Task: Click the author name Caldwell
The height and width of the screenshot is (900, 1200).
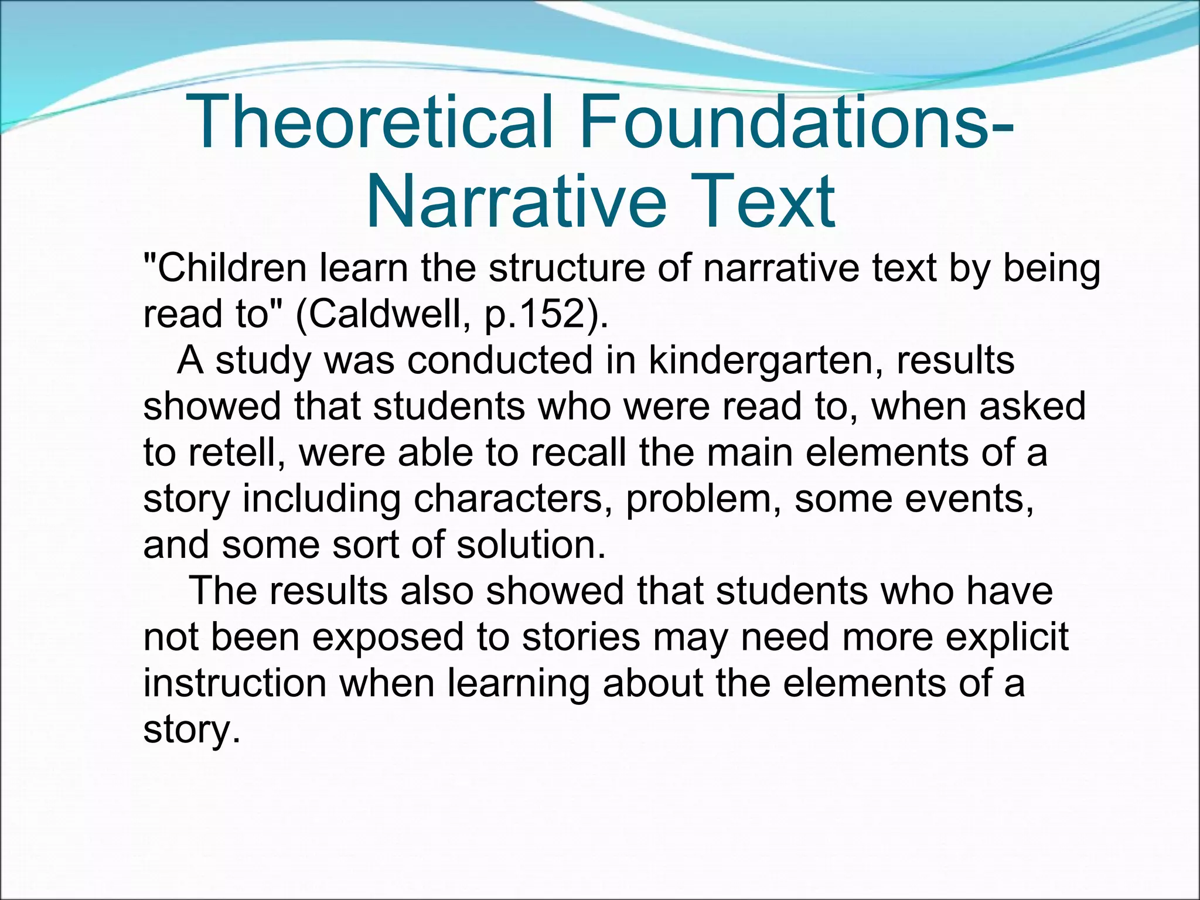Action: [390, 314]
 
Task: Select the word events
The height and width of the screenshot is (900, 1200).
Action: [970, 499]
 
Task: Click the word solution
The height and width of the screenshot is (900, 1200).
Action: [531, 545]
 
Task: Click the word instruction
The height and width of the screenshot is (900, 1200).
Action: [235, 683]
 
